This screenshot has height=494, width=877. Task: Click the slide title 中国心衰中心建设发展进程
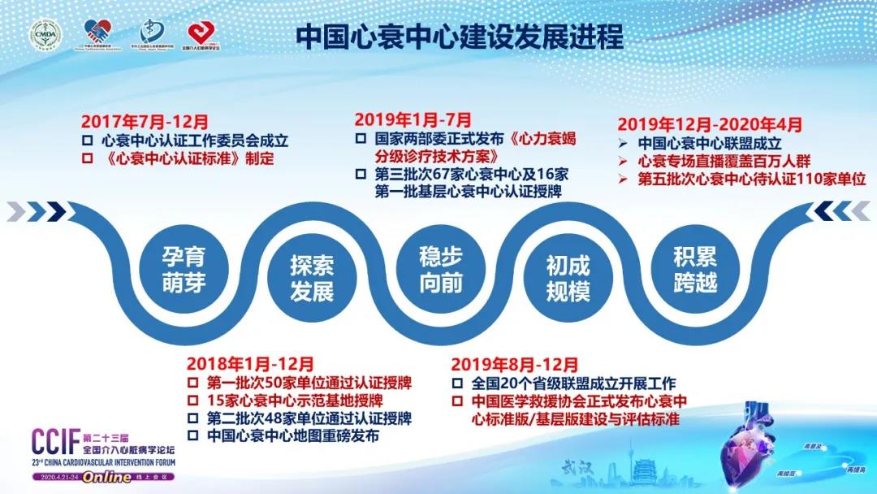coord(460,36)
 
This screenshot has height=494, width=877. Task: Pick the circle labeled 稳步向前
coord(440,271)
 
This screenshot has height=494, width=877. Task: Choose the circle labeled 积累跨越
coord(694,271)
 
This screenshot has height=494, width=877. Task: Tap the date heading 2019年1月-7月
coord(413,120)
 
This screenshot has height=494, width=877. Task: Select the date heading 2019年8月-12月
coord(515,365)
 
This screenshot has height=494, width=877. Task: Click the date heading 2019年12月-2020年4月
coord(710,125)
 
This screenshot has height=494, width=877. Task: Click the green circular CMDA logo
coord(45,35)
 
